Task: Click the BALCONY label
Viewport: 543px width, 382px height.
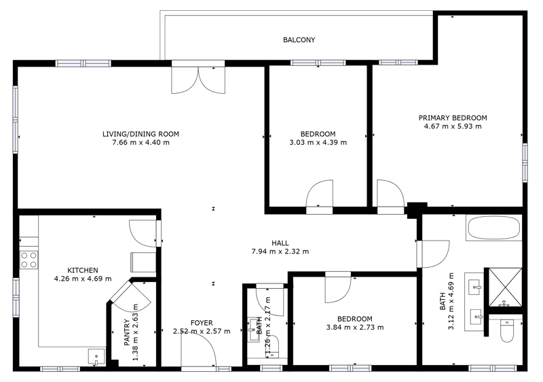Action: pos(299,40)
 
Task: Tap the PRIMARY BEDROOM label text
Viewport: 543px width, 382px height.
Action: pos(453,118)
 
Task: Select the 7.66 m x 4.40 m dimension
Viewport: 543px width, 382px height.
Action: pos(141,143)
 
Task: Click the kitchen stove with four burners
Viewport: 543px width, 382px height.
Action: pos(29,260)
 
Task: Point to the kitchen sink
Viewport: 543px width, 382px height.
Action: pos(96,357)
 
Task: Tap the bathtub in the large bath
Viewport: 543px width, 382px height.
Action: pos(494,228)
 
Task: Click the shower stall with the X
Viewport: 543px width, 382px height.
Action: pos(505,288)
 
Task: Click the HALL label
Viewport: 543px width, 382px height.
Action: pos(280,243)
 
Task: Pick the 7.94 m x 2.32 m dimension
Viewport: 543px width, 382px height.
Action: pos(280,251)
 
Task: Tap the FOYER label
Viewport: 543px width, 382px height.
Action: pos(202,323)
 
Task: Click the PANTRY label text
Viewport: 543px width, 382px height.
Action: pos(127,332)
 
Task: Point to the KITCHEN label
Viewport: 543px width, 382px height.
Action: pos(82,271)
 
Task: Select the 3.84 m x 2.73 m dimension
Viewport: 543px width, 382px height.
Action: pos(355,327)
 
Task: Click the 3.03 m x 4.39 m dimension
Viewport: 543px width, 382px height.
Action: pos(318,143)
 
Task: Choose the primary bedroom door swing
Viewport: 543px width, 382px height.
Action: pos(391,195)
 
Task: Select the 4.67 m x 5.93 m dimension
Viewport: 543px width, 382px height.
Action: pos(453,126)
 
